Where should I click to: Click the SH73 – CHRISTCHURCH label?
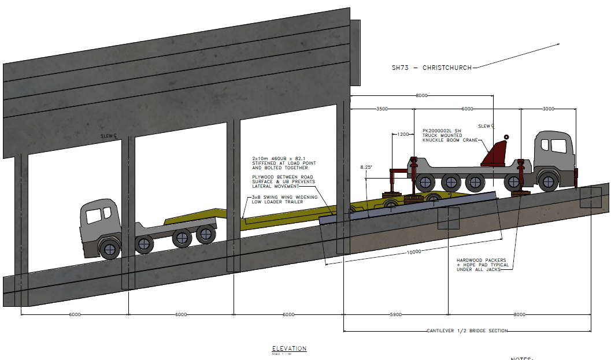tap(431, 68)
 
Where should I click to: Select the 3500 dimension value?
tap(382, 109)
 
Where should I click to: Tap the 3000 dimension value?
tap(548, 109)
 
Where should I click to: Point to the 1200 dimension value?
tap(403, 134)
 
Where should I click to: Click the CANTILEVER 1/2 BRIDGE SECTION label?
tap(467, 331)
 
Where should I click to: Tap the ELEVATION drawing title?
tap(289, 348)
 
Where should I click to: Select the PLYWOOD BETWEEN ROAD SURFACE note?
tap(283, 181)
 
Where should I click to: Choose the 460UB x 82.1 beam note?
tap(280, 163)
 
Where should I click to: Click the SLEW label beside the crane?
tap(484, 126)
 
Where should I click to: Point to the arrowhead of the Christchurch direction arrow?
tap(558, 44)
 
